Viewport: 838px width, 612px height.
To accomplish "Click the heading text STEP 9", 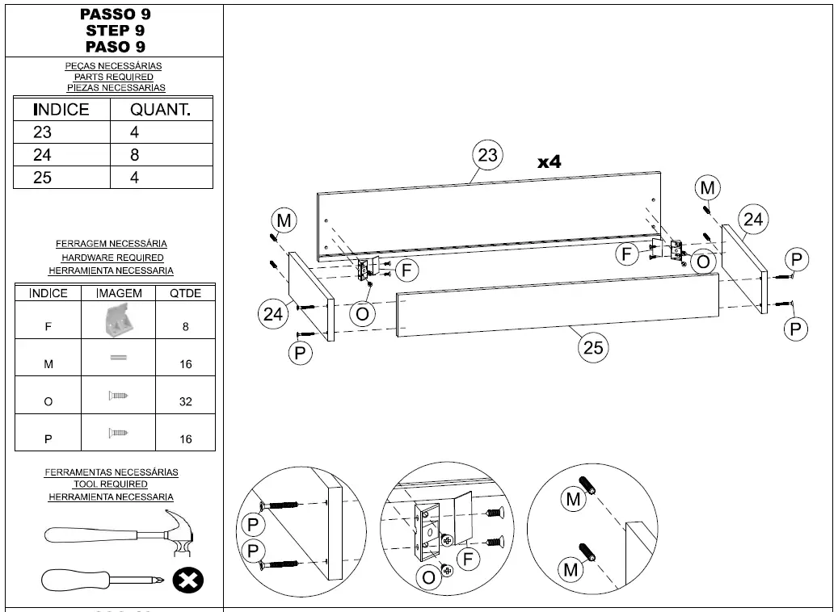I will pos(115,31).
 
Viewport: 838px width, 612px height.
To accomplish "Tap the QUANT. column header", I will pos(161,110).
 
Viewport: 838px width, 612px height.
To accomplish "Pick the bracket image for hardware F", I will pos(120,321).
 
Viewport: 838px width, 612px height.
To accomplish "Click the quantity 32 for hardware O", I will pos(186,401).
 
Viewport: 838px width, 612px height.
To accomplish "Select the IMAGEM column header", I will pos(119,293).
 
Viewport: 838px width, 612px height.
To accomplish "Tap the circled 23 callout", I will pos(487,155).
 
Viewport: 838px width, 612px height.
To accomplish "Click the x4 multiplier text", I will pos(550,162).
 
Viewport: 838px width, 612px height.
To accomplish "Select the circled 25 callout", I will pos(593,347).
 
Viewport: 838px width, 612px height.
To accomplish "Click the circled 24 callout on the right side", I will pos(753,219).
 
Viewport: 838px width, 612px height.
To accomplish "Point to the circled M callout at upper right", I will pos(707,188).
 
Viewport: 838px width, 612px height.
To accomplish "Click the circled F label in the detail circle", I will pos(469,558).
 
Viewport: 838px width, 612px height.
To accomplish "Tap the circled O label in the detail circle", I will pos(428,576).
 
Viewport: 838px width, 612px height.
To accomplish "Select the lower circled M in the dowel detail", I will pos(572,570).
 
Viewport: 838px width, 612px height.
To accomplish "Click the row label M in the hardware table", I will pos(48,365).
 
